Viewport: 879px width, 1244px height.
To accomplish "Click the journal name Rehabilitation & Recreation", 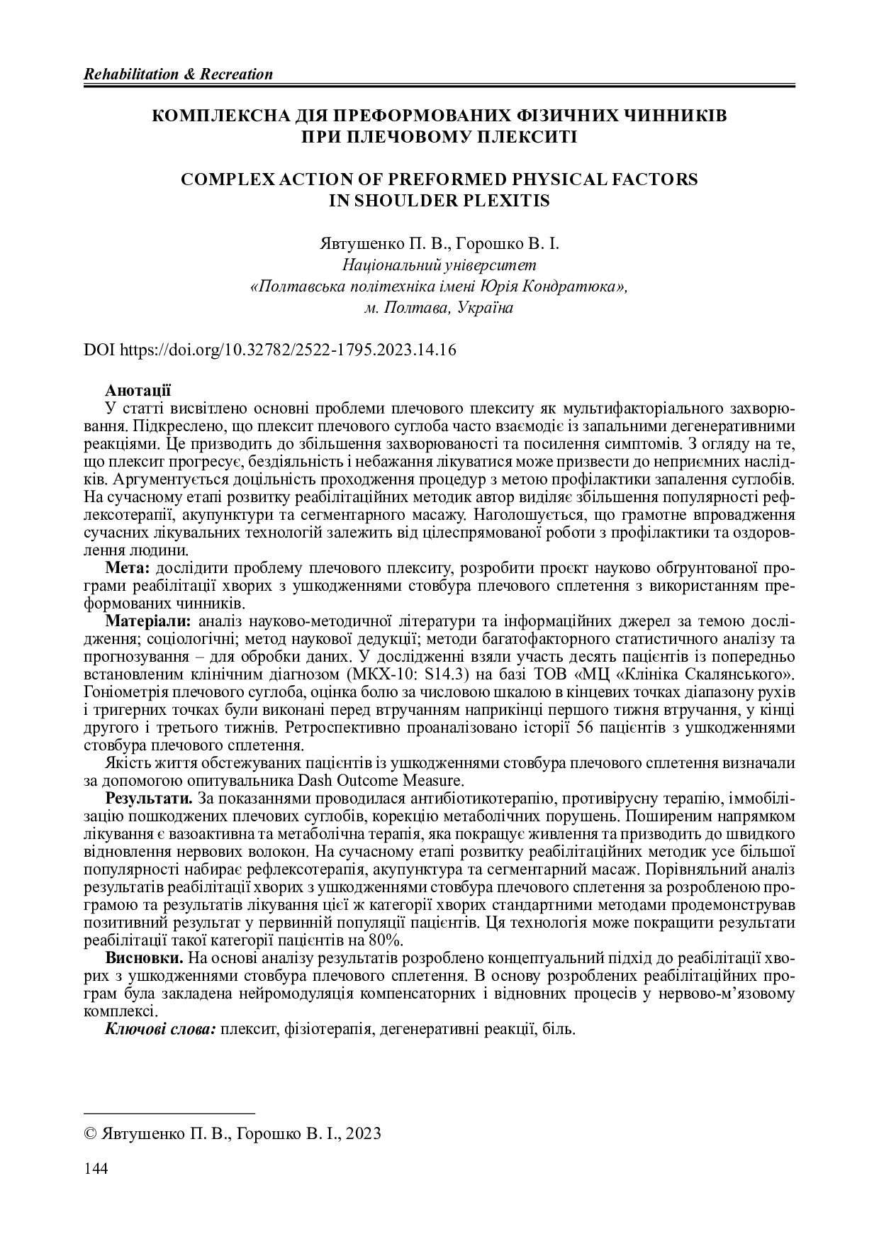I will click(x=178, y=74).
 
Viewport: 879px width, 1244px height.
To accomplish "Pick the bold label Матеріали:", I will click(x=147, y=622).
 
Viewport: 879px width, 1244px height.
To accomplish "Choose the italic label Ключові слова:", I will click(x=161, y=1028).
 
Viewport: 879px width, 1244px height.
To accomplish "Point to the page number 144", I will click(x=96, y=1169).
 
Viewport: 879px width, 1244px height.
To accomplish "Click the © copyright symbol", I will click(x=90, y=1133).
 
